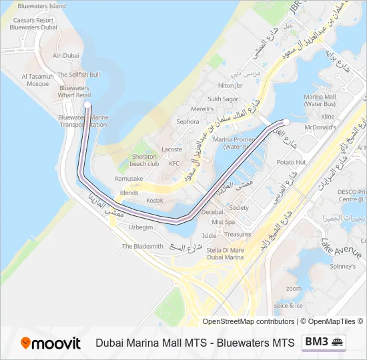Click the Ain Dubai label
click(x=66, y=56)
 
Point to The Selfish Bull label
click(x=79, y=75)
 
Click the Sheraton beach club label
click(x=144, y=160)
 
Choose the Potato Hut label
click(x=292, y=162)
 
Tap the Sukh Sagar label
click(x=222, y=99)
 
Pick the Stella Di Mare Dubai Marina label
click(x=226, y=253)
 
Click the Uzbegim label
click(x=141, y=227)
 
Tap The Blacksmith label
click(x=142, y=246)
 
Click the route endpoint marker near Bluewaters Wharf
click(x=87, y=105)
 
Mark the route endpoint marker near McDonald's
click(x=286, y=121)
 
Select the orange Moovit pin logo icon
click(x=26, y=343)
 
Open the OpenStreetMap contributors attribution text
click(x=248, y=321)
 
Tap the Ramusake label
click(x=129, y=179)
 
